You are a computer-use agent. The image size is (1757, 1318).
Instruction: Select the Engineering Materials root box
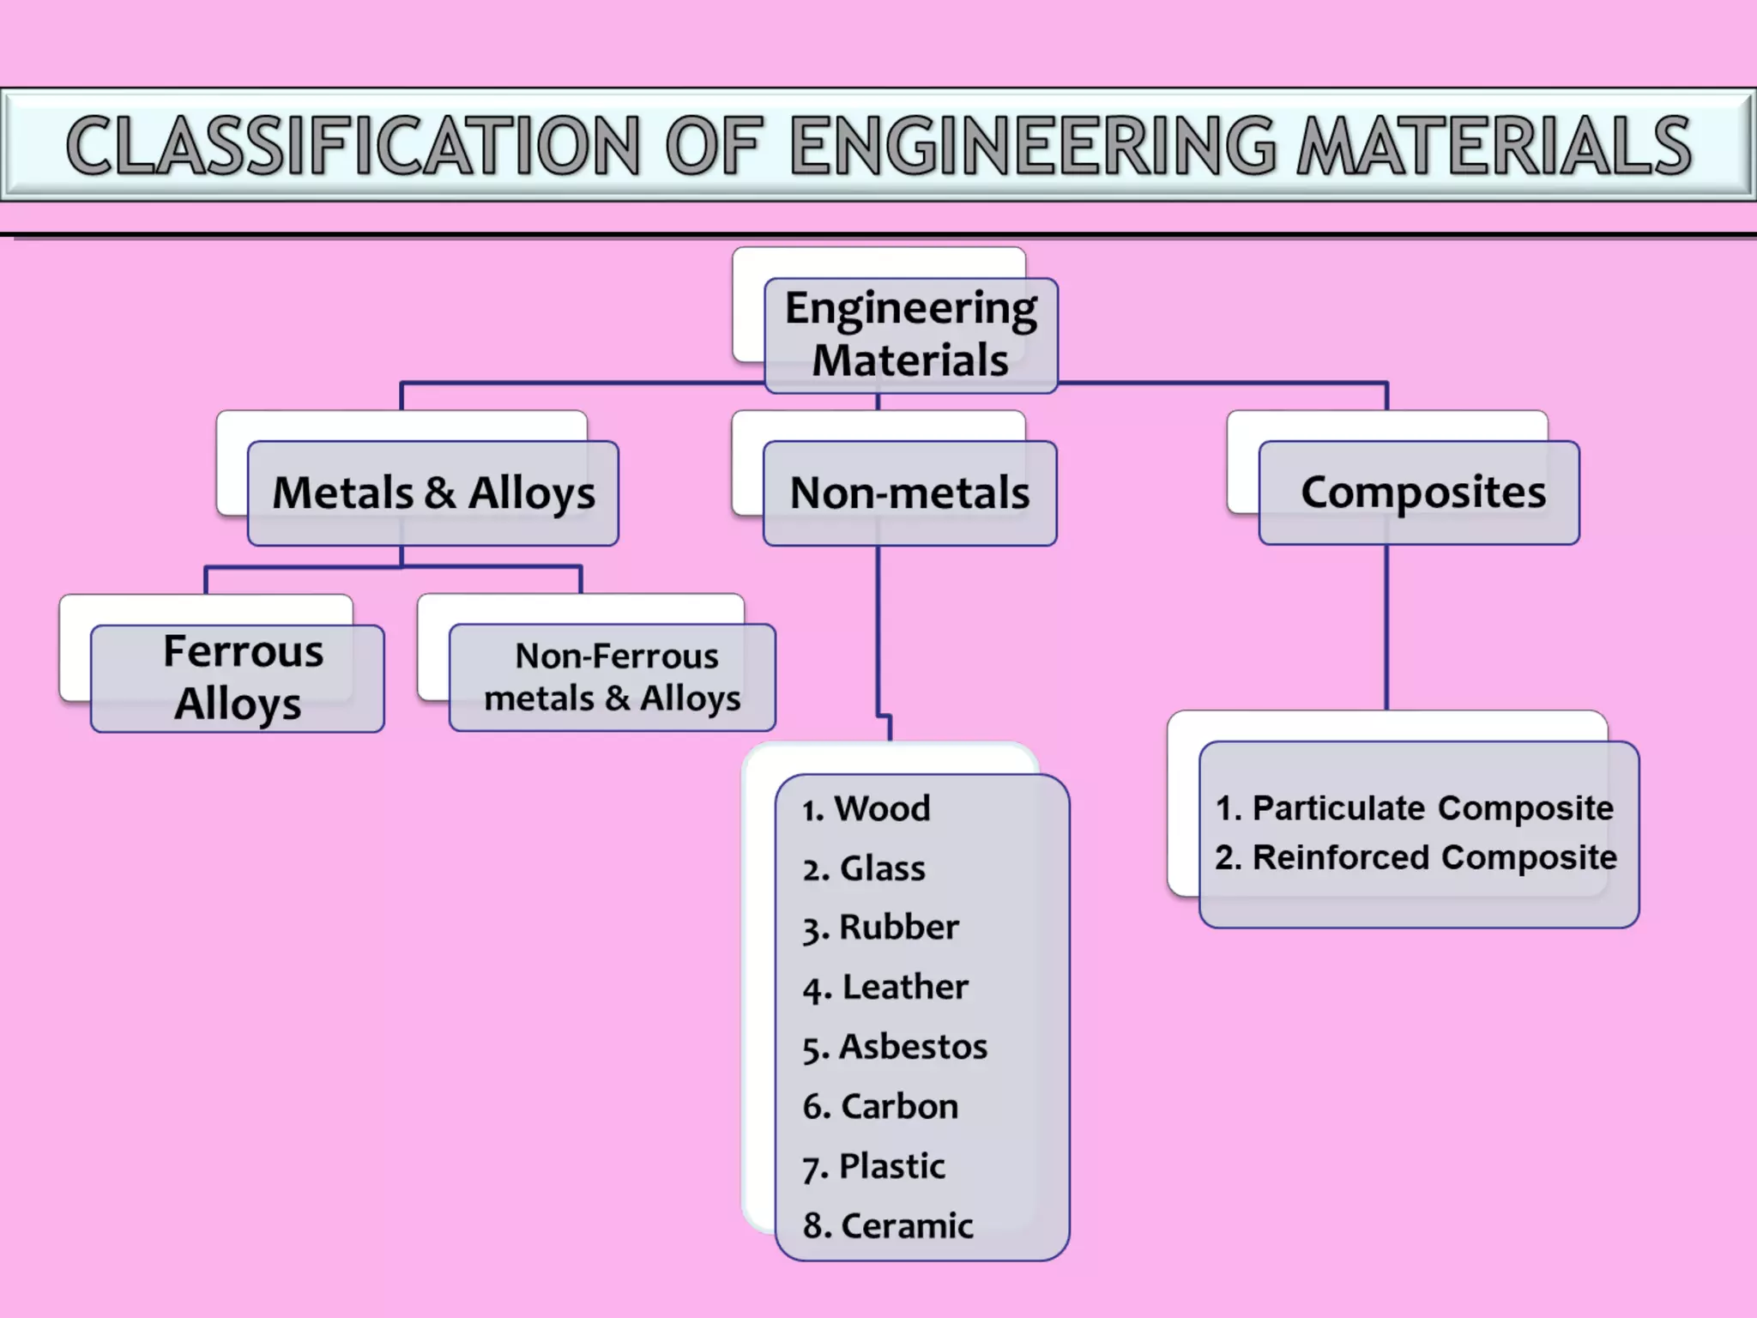910,335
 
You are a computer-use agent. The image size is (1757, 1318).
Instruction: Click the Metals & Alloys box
433,493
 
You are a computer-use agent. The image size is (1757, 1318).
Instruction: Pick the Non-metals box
909,493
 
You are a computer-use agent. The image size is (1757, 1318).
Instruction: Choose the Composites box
1420,493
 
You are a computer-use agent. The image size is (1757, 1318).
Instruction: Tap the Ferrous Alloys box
238,678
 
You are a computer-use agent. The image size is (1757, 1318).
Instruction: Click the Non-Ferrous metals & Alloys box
613,678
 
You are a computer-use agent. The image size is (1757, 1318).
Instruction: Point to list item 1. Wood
866,808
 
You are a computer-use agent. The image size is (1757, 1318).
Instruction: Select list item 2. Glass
865,868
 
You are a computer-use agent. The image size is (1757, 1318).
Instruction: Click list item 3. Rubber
881,928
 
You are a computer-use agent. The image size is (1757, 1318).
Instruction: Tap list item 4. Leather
886,987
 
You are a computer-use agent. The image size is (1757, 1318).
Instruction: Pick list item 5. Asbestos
896,1047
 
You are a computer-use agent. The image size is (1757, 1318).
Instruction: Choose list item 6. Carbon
881,1106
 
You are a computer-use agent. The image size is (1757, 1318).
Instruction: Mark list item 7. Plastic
874,1166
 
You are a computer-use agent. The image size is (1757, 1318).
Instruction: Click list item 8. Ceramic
889,1225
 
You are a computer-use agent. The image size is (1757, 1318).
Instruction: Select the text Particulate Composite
1432,808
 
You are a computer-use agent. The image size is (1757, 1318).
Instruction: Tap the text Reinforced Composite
1434,857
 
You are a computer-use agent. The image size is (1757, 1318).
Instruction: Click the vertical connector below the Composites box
1386,626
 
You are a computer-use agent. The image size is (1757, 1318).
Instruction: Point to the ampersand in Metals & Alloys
440,493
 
